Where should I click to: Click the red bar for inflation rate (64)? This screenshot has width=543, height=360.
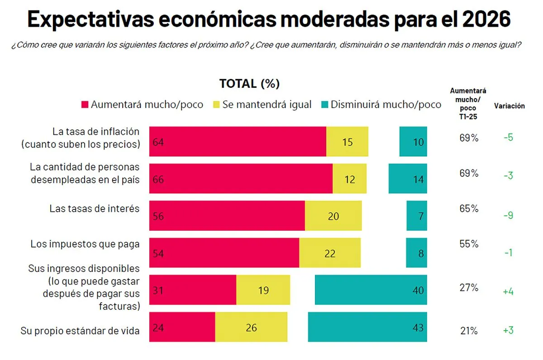[238, 142]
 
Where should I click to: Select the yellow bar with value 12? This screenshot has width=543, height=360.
[349, 179]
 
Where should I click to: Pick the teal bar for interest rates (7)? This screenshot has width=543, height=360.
[417, 216]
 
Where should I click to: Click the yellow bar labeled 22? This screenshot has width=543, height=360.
[330, 253]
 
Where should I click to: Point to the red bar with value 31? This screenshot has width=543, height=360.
[193, 290]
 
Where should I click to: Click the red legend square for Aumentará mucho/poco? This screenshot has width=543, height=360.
[85, 105]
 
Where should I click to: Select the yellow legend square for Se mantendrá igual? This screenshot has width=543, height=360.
[216, 105]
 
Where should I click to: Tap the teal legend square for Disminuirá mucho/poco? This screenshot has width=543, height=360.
[324, 105]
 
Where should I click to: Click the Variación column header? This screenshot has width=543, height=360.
[509, 106]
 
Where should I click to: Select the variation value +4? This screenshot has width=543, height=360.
[508, 291]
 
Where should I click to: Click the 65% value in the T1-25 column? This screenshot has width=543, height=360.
[469, 209]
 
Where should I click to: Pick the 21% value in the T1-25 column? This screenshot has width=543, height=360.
[469, 331]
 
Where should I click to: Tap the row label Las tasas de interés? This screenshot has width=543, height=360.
[94, 208]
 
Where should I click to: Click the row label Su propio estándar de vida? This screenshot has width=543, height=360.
[80, 331]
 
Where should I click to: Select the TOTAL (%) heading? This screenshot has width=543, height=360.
[249, 84]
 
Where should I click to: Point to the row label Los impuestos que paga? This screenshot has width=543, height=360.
[85, 244]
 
